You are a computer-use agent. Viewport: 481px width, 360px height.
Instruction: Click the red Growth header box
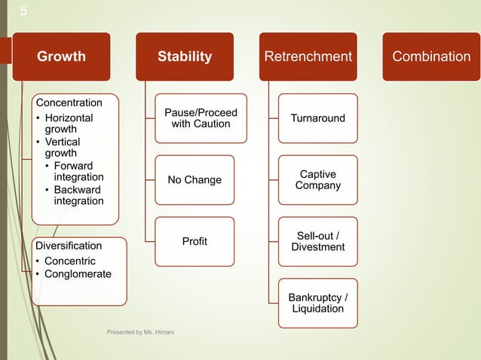[61, 56]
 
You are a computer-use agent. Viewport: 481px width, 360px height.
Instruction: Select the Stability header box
[185, 56]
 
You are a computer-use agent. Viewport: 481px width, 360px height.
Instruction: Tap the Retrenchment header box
[308, 56]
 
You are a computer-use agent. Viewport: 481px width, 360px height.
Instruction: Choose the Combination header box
[431, 56]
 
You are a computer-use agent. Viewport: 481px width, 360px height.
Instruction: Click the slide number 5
[23, 11]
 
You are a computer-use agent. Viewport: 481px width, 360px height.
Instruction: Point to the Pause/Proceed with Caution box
[201, 118]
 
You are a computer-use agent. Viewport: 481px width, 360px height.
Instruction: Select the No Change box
[195, 180]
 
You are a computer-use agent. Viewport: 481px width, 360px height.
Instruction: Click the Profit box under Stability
[195, 241]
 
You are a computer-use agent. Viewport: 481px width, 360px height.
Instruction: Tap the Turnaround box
[318, 118]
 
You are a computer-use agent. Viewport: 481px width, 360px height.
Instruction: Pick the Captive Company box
[318, 180]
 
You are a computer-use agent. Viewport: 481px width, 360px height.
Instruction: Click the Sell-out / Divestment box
[318, 241]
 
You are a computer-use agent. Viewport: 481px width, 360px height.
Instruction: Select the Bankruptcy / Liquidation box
[318, 303]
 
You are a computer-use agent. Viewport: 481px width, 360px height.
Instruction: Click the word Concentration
[69, 102]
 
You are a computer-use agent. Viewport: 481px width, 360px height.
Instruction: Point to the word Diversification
[69, 246]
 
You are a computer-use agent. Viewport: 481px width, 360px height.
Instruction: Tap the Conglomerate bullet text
[78, 273]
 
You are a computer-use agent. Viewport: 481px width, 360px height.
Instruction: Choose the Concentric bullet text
[70, 261]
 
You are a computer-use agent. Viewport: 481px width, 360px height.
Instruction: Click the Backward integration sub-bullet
[78, 195]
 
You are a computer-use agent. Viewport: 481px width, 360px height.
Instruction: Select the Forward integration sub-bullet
[78, 171]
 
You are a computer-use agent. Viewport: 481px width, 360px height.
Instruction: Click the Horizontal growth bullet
[69, 124]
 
